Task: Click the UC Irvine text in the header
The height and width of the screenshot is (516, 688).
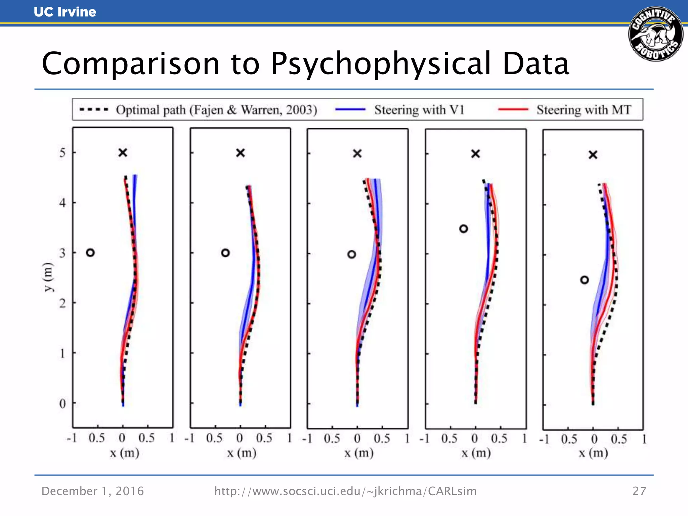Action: [x=65, y=12]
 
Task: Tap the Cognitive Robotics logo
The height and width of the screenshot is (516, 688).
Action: [x=655, y=34]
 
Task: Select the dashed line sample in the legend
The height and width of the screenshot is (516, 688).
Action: [x=94, y=110]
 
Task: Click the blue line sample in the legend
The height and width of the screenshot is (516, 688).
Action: [x=350, y=110]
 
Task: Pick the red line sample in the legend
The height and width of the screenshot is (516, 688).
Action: [x=513, y=110]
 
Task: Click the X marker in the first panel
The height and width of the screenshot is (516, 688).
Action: [x=123, y=153]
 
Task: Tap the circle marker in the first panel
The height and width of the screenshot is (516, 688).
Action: [x=90, y=253]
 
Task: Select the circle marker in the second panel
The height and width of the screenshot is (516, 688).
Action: [x=225, y=253]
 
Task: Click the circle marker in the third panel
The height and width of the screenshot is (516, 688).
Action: [x=351, y=254]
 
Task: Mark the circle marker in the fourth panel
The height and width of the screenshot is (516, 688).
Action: [x=464, y=229]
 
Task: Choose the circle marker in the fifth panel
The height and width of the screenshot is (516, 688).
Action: [x=585, y=280]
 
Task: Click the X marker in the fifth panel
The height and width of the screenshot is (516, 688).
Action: [x=593, y=155]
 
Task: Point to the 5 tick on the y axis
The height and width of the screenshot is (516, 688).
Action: [x=62, y=153]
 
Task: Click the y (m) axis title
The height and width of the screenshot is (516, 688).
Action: [x=48, y=277]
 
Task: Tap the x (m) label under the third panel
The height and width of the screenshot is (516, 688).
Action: [x=359, y=453]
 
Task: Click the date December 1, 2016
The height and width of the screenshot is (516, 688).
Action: [x=92, y=491]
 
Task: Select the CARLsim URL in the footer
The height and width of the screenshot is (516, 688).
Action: [x=345, y=491]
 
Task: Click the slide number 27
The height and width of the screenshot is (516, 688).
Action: [x=639, y=491]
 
